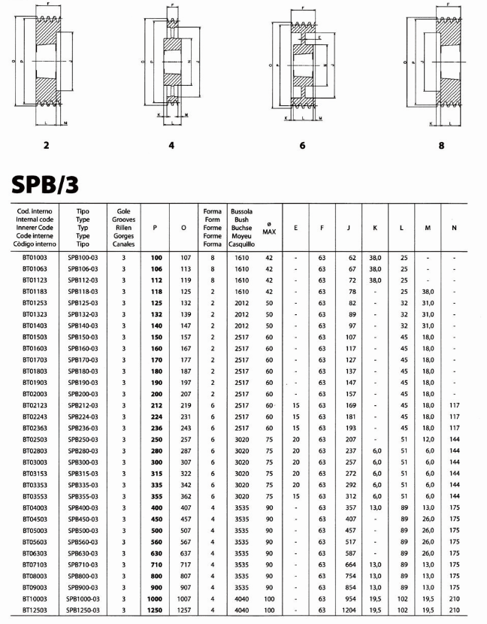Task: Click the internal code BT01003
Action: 35,257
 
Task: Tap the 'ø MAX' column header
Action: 269,228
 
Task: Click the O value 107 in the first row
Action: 183,257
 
